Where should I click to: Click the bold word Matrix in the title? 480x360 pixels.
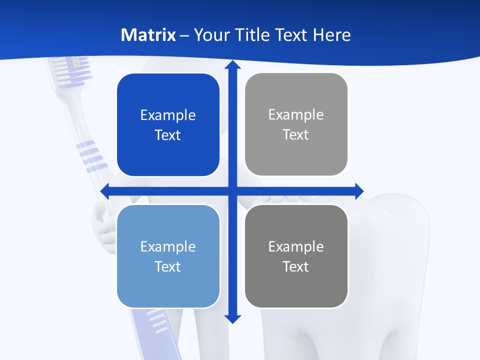(148, 35)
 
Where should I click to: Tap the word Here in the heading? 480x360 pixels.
(332, 35)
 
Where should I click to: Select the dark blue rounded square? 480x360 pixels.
(168, 125)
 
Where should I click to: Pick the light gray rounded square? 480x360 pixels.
(296, 124)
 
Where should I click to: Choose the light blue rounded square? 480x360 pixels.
(168, 256)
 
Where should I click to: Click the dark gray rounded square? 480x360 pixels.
(296, 256)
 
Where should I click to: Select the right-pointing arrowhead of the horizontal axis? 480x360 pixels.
(359, 191)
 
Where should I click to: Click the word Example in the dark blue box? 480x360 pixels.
(168, 115)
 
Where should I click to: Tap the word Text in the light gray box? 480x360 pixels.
(296, 135)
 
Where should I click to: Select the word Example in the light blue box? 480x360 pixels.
(168, 246)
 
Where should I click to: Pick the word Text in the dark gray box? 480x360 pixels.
(296, 266)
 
